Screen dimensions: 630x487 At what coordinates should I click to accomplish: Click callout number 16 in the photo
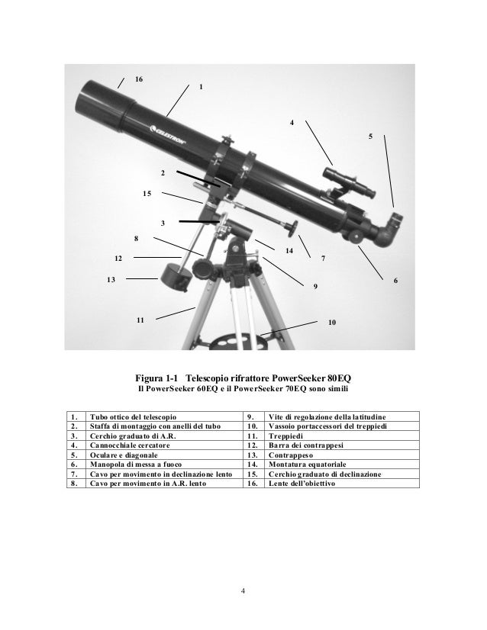point(138,79)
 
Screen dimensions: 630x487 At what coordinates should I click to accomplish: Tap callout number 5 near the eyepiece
point(370,137)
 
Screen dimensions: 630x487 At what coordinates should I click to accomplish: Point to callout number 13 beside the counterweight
point(111,280)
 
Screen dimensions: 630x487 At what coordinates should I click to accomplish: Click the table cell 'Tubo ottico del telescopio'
point(133,417)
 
